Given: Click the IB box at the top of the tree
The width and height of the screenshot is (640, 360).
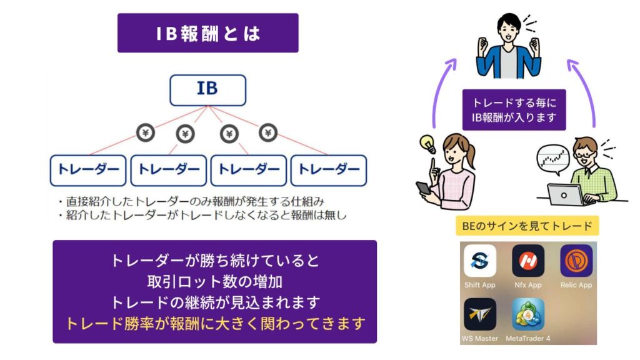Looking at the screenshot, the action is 207,90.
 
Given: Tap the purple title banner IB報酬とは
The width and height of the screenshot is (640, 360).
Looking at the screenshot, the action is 207,33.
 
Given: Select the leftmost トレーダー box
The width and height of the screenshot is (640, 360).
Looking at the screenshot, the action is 88,170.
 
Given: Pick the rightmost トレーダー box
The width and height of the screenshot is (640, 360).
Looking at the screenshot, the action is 329,170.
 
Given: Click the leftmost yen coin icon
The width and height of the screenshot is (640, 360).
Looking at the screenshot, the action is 145,132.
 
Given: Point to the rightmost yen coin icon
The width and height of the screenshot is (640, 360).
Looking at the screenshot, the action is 268,132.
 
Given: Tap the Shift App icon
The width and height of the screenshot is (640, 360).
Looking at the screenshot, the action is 480,261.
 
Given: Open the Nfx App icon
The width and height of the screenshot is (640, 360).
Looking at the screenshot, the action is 528,261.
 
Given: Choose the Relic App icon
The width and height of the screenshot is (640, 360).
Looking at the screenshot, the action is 576,261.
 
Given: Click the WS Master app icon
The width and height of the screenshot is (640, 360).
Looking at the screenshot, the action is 480,314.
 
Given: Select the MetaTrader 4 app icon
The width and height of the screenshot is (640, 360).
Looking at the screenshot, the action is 528,314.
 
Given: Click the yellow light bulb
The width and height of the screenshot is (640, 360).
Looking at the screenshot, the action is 427,143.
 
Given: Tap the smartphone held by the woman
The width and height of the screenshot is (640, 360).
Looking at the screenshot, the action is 423,188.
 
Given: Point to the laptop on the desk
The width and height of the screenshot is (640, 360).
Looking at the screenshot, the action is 565,195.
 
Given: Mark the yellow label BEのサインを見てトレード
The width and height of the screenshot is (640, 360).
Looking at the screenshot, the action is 527,226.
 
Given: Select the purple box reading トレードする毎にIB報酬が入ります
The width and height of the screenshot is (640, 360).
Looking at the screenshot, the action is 514,110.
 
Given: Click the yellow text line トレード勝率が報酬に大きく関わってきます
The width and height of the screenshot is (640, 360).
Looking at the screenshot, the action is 215,323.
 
